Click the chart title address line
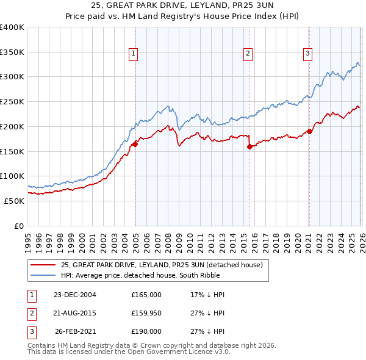[183, 5]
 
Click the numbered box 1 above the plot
[133, 54]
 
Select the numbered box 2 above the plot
[248, 54]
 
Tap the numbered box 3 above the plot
[308, 54]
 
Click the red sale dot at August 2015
[250, 146]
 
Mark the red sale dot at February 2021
[310, 131]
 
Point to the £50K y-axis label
[14, 201]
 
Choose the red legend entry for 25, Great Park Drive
[162, 265]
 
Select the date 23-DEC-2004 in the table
[75, 295]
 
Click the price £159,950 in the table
[146, 313]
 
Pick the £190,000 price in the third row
[146, 332]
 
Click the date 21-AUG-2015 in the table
[75, 313]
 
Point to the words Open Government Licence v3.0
[183, 352]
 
